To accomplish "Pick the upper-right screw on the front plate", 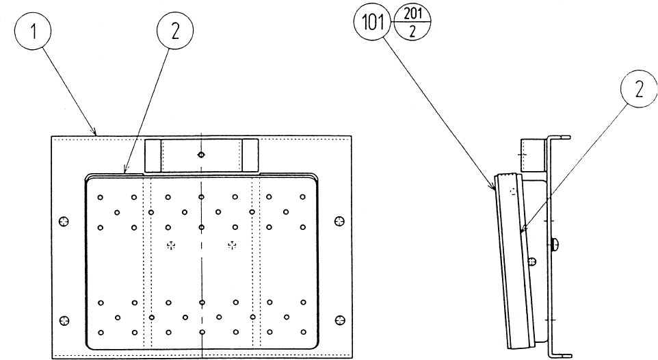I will pos(339,220).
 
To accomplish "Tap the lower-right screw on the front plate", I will pos(339,320).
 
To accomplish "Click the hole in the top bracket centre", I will pos(201,155).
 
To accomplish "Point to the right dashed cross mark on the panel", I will pos(232,245).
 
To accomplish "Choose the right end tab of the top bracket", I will pos(250,155).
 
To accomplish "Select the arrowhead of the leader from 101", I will pos(495,187).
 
